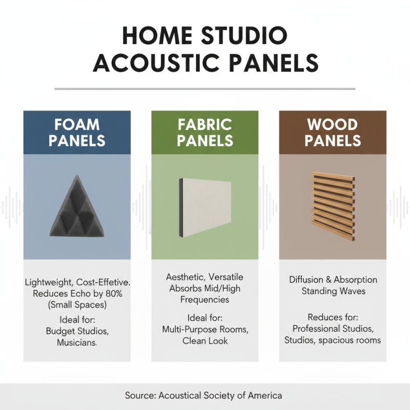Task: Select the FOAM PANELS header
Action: [x=77, y=133]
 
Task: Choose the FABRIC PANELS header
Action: [x=204, y=133]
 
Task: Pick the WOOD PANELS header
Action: [x=333, y=133]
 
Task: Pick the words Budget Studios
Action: [x=77, y=331]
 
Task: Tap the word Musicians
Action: [x=77, y=342]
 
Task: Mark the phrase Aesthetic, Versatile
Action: [x=204, y=277]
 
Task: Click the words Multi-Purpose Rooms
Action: [x=205, y=329]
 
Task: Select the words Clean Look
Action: [x=205, y=340]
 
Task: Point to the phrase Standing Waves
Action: [x=333, y=291]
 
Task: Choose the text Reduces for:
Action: [x=333, y=317]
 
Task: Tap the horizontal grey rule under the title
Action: [x=205, y=89]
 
